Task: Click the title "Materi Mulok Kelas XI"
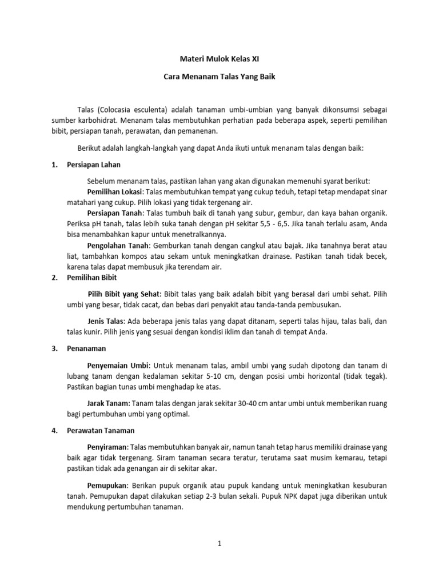[x=219, y=58]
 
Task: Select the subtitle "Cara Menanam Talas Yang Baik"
[x=219, y=77]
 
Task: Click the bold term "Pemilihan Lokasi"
[x=114, y=191]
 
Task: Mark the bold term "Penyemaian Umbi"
[x=118, y=365]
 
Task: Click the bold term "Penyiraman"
[x=106, y=446]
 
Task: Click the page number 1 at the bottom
[x=219, y=545]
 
